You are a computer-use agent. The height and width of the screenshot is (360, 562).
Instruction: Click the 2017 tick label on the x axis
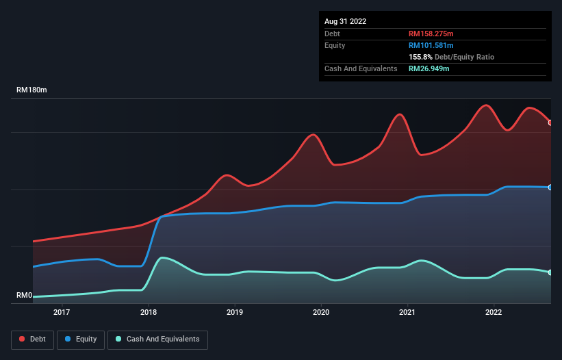coord(62,313)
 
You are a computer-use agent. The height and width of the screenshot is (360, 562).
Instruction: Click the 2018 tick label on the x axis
coord(148,313)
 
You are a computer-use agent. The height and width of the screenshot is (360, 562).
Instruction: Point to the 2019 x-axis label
coord(235,313)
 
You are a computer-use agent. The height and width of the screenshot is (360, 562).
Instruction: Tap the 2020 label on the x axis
coord(321,313)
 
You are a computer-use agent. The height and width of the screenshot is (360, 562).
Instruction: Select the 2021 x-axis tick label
coord(407,313)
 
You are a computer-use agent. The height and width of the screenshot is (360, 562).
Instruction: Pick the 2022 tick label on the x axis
coord(494,313)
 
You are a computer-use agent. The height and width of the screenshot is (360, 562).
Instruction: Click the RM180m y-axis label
coord(32,90)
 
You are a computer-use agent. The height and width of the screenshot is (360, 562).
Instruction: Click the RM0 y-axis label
coord(25,296)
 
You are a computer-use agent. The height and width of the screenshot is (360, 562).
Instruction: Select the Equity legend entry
coord(81,339)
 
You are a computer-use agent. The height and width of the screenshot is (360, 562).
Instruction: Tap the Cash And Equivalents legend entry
coord(157,339)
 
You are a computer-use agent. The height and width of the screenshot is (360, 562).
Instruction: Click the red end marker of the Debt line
coord(550,123)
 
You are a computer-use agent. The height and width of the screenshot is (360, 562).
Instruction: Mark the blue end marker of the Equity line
coord(550,187)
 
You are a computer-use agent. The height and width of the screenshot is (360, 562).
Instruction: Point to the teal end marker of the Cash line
coord(550,272)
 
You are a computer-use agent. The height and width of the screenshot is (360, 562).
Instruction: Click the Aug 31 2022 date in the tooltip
coord(345,21)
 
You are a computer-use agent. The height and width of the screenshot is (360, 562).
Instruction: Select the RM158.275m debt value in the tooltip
coord(432,34)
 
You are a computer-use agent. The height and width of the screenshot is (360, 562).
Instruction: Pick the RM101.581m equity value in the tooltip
coord(432,45)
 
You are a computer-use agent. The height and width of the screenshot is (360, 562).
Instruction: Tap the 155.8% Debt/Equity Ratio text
coord(451,57)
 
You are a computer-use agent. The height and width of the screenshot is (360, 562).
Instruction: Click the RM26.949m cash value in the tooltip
coord(429,68)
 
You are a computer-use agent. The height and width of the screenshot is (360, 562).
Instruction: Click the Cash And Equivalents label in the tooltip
coord(361,68)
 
